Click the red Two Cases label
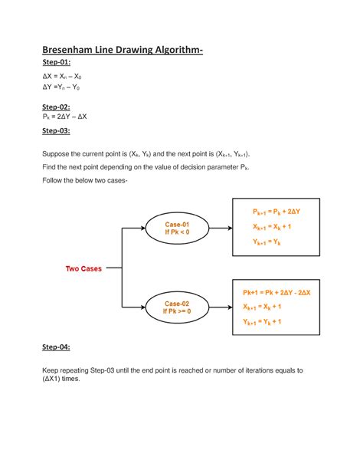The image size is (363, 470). (x=83, y=268)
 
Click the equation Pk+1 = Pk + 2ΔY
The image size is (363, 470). (x=272, y=211)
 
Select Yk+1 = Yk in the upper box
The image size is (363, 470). (x=262, y=242)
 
